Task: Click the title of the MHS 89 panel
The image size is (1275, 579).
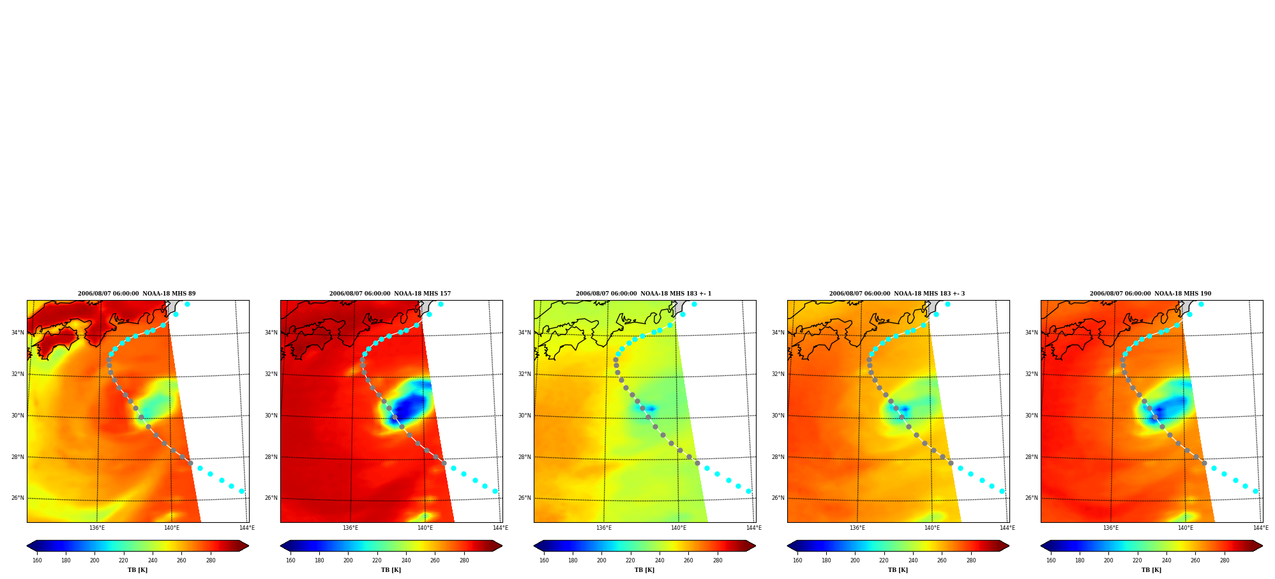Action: pos(137,294)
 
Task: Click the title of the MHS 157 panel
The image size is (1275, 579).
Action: pos(390,294)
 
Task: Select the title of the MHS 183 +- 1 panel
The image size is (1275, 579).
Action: pos(644,294)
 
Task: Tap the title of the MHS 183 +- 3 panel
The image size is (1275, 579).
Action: pos(897,294)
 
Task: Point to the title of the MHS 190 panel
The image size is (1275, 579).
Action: pos(1151,294)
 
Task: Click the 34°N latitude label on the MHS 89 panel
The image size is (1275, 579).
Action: pos(18,333)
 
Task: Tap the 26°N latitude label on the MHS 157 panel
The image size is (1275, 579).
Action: pos(271,498)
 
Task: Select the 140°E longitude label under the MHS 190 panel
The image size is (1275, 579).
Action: pos(1186,528)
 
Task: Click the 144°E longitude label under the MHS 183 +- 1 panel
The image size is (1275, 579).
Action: pos(754,528)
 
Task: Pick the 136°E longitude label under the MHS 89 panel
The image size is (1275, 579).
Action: pos(97,528)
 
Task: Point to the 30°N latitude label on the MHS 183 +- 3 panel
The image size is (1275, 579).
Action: pos(778,416)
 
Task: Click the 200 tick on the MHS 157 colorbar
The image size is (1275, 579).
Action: pos(348,560)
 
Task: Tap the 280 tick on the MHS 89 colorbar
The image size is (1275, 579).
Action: pos(211,560)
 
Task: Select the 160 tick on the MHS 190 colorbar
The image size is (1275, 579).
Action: pos(1051,560)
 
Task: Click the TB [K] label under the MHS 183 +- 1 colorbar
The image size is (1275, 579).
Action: pos(644,570)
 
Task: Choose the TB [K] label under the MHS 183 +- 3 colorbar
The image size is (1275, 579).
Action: pos(898,570)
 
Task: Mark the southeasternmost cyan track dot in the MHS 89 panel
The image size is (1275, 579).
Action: pos(241,491)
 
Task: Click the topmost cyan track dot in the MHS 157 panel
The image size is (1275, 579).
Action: pos(441,304)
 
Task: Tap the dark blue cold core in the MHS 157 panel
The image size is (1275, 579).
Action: pos(407,407)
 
